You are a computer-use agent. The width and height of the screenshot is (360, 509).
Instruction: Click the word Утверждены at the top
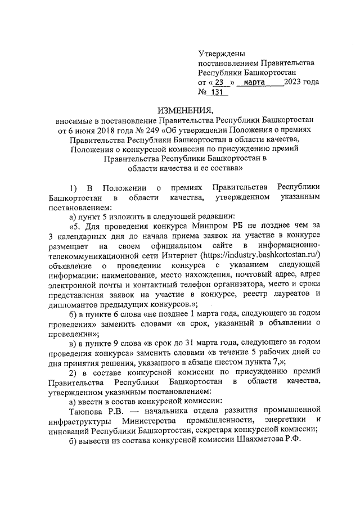222,54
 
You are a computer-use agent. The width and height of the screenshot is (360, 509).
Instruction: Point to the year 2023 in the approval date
295,82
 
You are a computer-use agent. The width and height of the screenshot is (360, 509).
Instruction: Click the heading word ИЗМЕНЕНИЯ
185,110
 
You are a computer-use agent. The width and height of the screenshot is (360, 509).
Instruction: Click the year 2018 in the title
103,130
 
